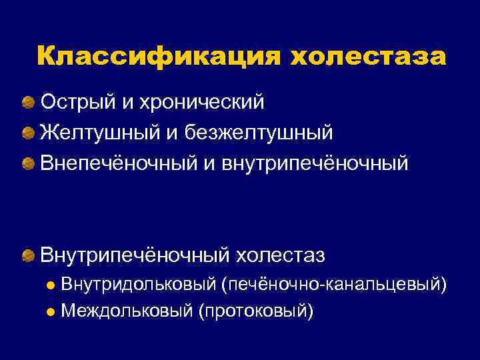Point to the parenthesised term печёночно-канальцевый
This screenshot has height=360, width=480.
[335, 285]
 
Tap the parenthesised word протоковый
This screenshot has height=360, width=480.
[254, 310]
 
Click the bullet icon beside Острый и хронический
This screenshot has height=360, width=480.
[29, 103]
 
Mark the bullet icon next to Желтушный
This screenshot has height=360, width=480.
[29, 133]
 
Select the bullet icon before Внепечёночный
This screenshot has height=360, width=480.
[29, 163]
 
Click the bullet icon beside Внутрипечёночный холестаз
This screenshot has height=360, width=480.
[29, 255]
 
